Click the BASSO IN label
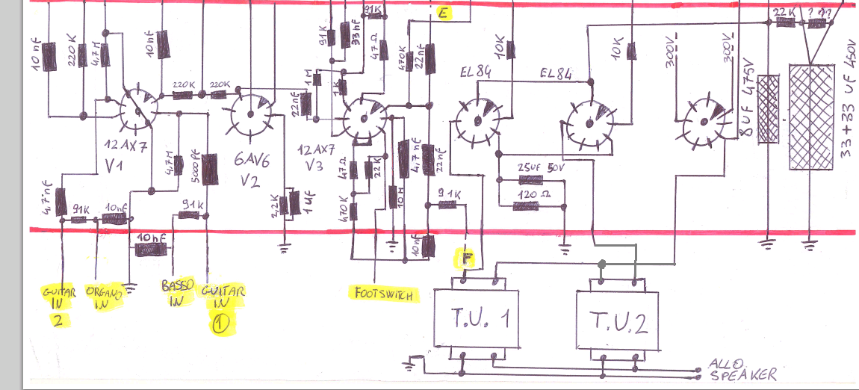[x=176, y=294]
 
